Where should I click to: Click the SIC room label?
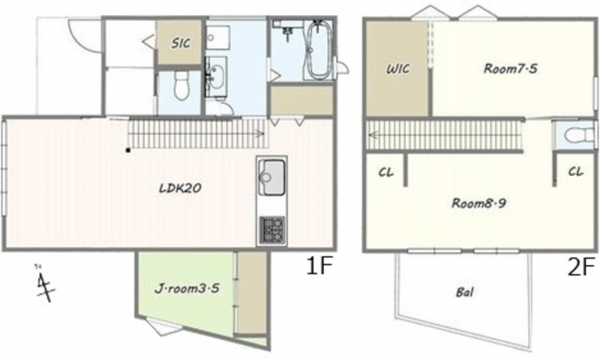pyautogui.click(x=181, y=43)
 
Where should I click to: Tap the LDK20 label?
pyautogui.click(x=180, y=188)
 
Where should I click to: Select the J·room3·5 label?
pyautogui.click(x=187, y=288)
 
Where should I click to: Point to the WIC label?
pyautogui.click(x=398, y=69)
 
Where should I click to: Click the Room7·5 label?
pyautogui.click(x=511, y=68)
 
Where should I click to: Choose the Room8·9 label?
pyautogui.click(x=478, y=202)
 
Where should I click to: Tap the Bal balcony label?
pyautogui.click(x=465, y=292)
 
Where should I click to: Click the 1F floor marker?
pyautogui.click(x=318, y=266)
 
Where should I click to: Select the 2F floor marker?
pyautogui.click(x=580, y=267)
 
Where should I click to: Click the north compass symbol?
pyautogui.click(x=44, y=283)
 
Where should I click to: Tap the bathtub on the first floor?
pyautogui.click(x=319, y=49)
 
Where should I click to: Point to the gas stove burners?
pyautogui.click(x=272, y=230)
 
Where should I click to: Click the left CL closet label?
pyautogui.click(x=385, y=172)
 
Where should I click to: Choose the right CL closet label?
pyautogui.click(x=575, y=172)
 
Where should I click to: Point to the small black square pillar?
pyautogui.click(x=127, y=150)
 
